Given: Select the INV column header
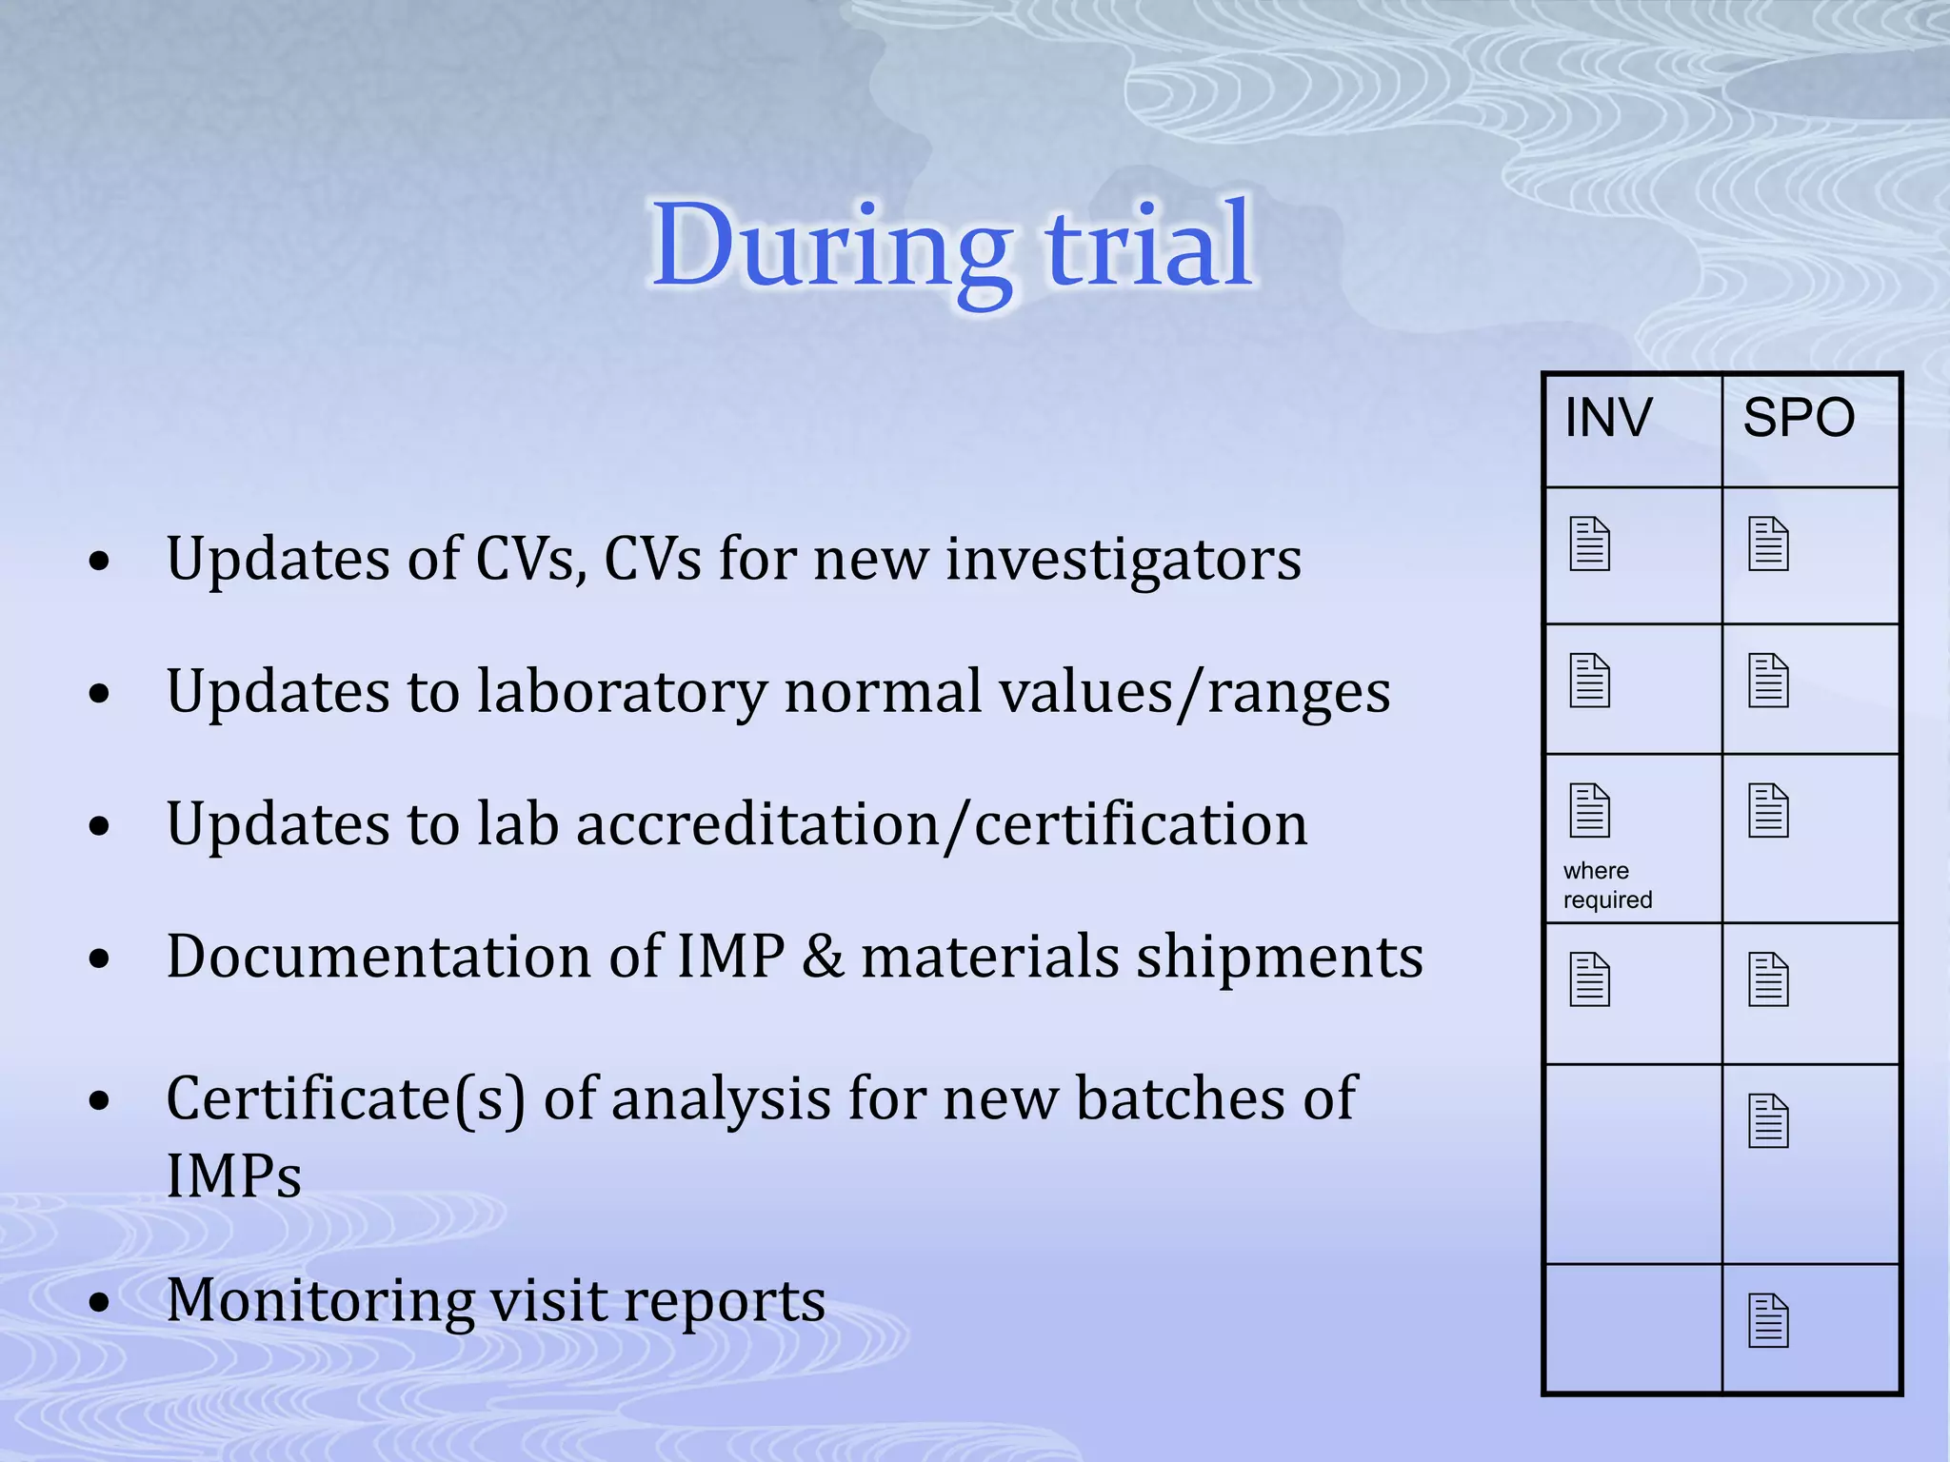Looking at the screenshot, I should pos(1608,418).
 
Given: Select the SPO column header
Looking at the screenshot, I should pos(1799,418).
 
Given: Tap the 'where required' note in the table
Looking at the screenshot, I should pos(1607,885).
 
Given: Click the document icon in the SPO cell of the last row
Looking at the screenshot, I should pos(1768,1321).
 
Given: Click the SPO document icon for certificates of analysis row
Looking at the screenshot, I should pos(1768,1121).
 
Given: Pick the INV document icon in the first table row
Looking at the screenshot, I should pos(1589,544).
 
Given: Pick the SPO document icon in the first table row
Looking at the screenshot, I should pos(1768,544).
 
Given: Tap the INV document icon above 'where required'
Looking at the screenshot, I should pos(1589,811).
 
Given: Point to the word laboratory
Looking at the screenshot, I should pos(621,691).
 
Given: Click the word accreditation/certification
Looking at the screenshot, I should pos(942,824).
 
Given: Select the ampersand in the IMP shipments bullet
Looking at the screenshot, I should pos(823,957).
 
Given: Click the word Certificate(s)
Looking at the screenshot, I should pos(345,1099).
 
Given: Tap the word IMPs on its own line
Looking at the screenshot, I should pos(233,1176).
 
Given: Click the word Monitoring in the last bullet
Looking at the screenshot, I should pos(320,1300).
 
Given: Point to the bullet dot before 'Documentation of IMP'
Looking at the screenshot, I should pos(99,959).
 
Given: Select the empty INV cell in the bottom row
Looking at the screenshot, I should pos(1633,1328).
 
